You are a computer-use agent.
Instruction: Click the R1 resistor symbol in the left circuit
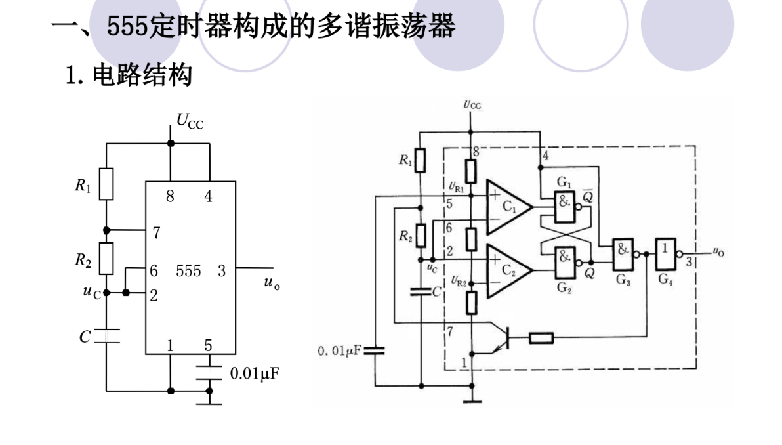point(106,184)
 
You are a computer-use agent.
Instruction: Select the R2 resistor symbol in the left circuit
point(106,259)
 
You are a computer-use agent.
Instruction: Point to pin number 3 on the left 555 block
point(222,270)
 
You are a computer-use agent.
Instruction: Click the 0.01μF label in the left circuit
point(256,374)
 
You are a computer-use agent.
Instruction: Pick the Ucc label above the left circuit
point(190,120)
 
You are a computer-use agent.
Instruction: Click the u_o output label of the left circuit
point(272,283)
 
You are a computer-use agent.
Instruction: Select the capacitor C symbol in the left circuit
point(106,336)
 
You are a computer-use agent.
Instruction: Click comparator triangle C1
point(508,205)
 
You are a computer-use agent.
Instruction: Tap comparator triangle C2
point(508,268)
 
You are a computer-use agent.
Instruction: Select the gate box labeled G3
point(622,252)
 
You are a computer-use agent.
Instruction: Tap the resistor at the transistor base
point(541,338)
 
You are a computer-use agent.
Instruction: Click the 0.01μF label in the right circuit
point(339,351)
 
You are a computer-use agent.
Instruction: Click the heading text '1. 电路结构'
point(129,75)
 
